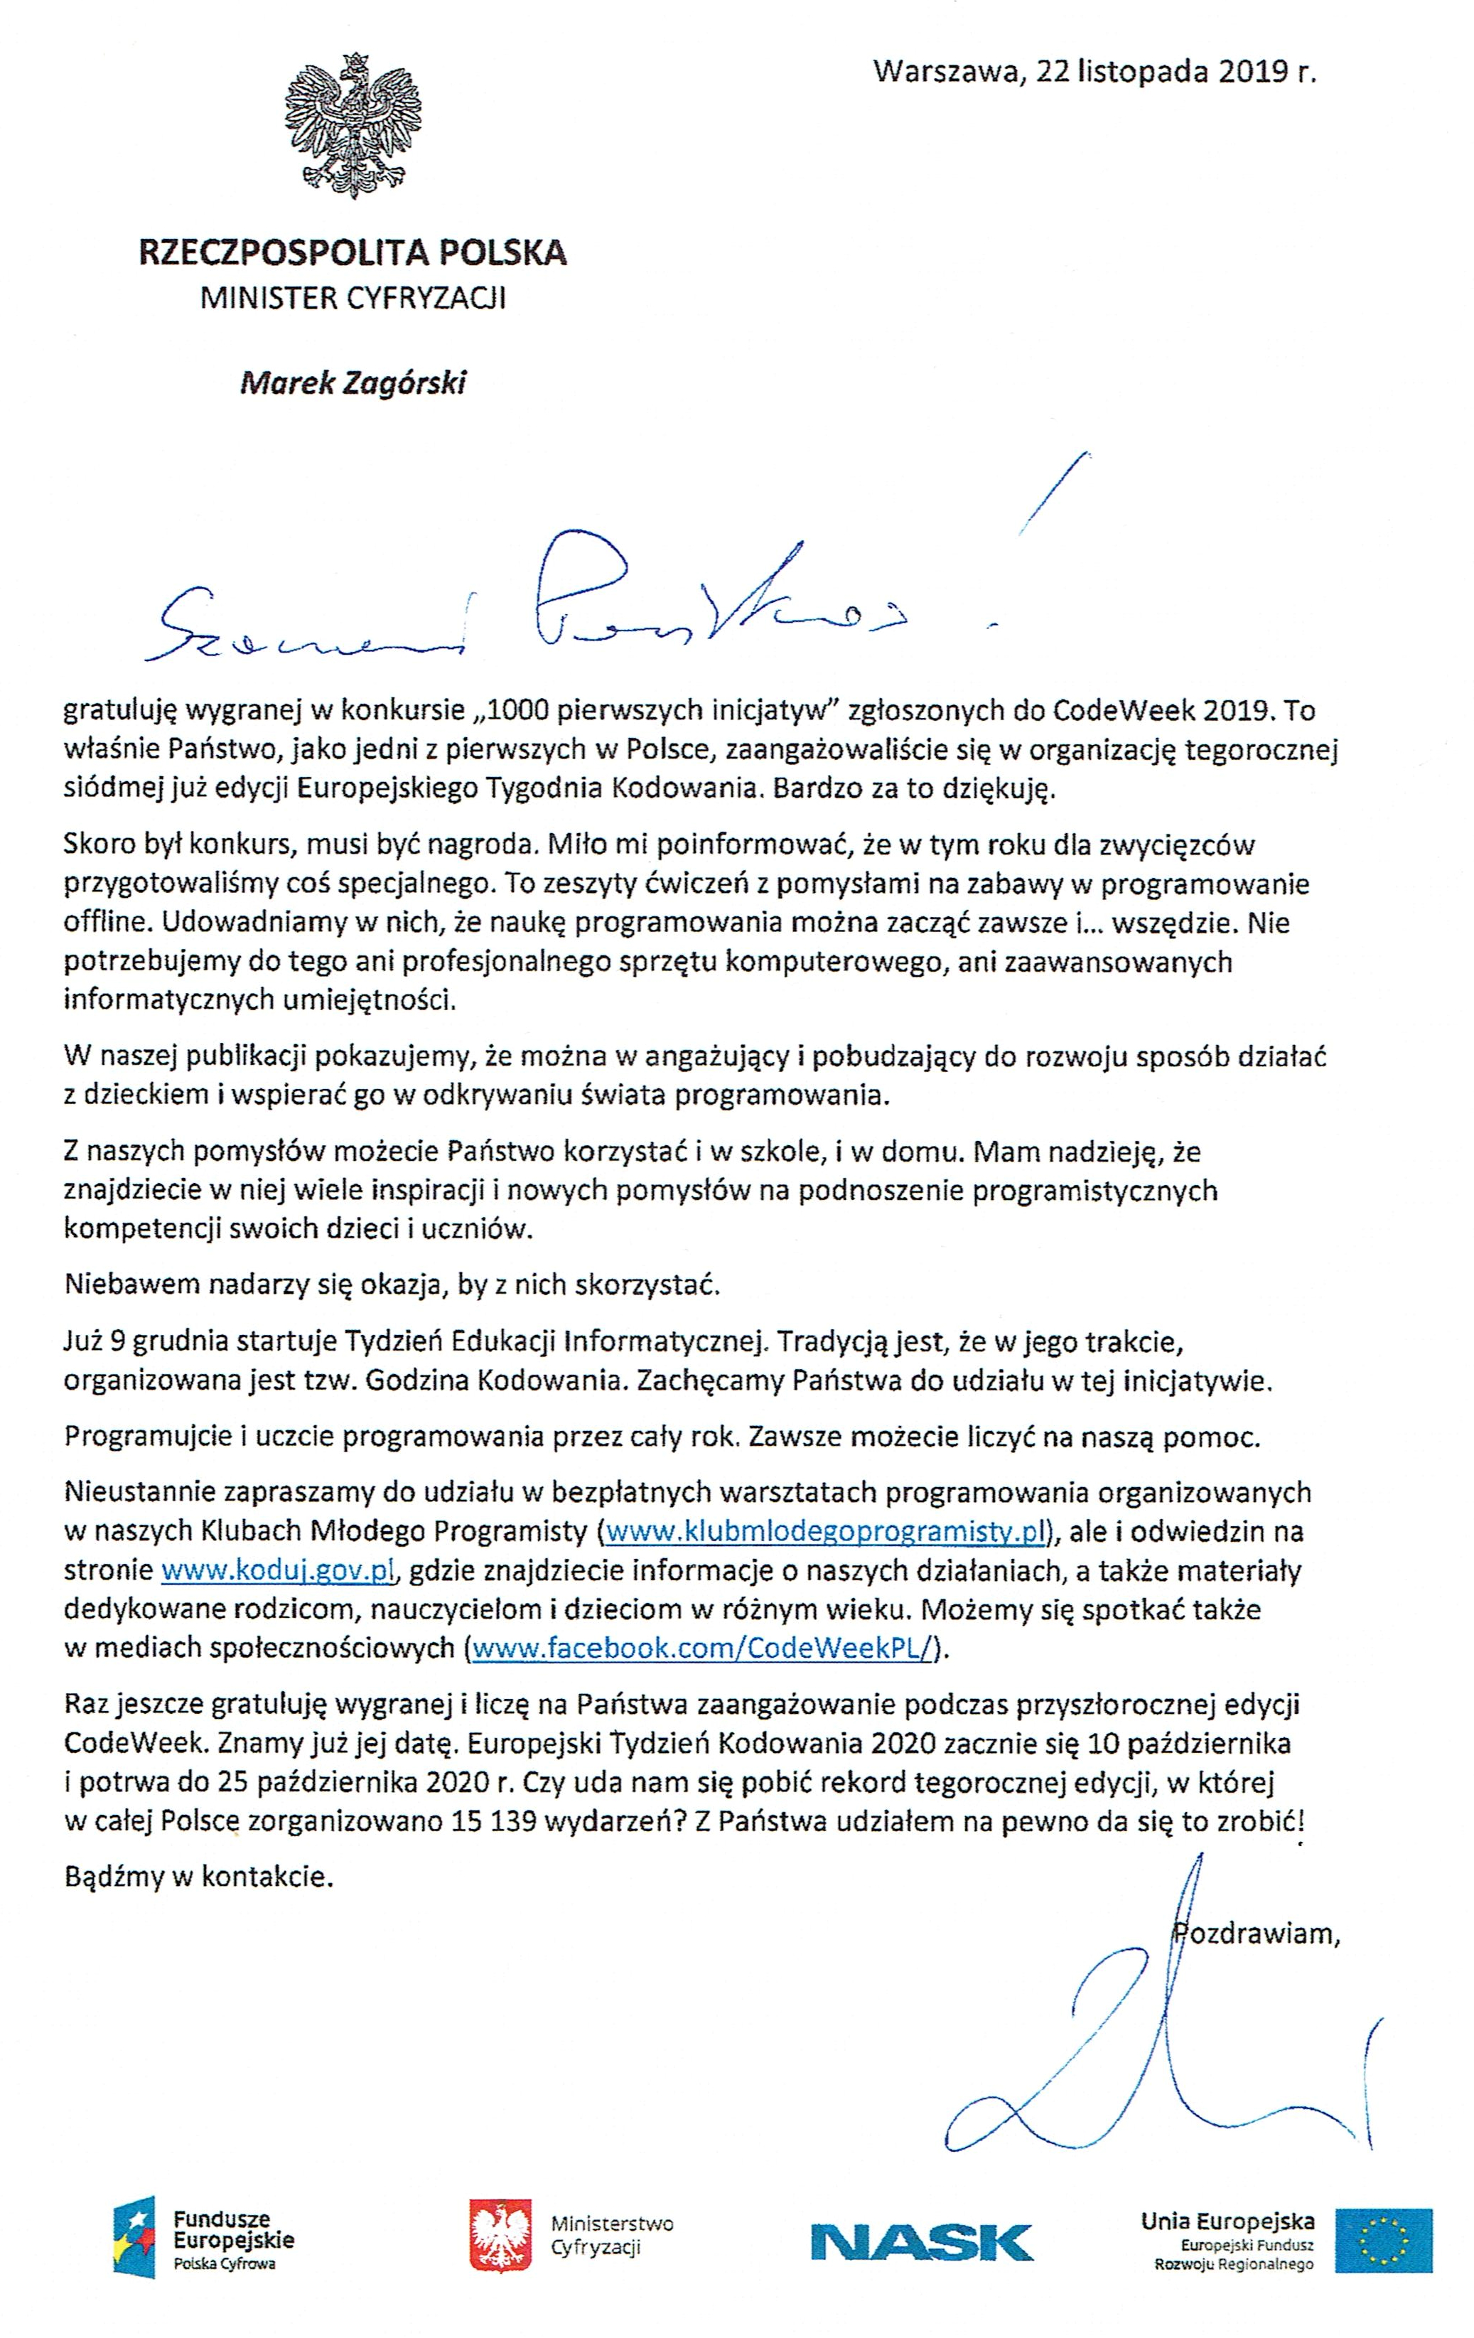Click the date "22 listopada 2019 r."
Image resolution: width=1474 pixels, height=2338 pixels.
point(1175,72)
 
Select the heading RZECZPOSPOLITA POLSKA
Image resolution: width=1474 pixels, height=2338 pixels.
point(353,253)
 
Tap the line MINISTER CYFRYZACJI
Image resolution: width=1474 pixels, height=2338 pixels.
point(353,298)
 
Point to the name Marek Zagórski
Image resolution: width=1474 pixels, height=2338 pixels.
point(353,384)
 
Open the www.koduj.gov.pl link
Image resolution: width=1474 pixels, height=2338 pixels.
point(275,1570)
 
